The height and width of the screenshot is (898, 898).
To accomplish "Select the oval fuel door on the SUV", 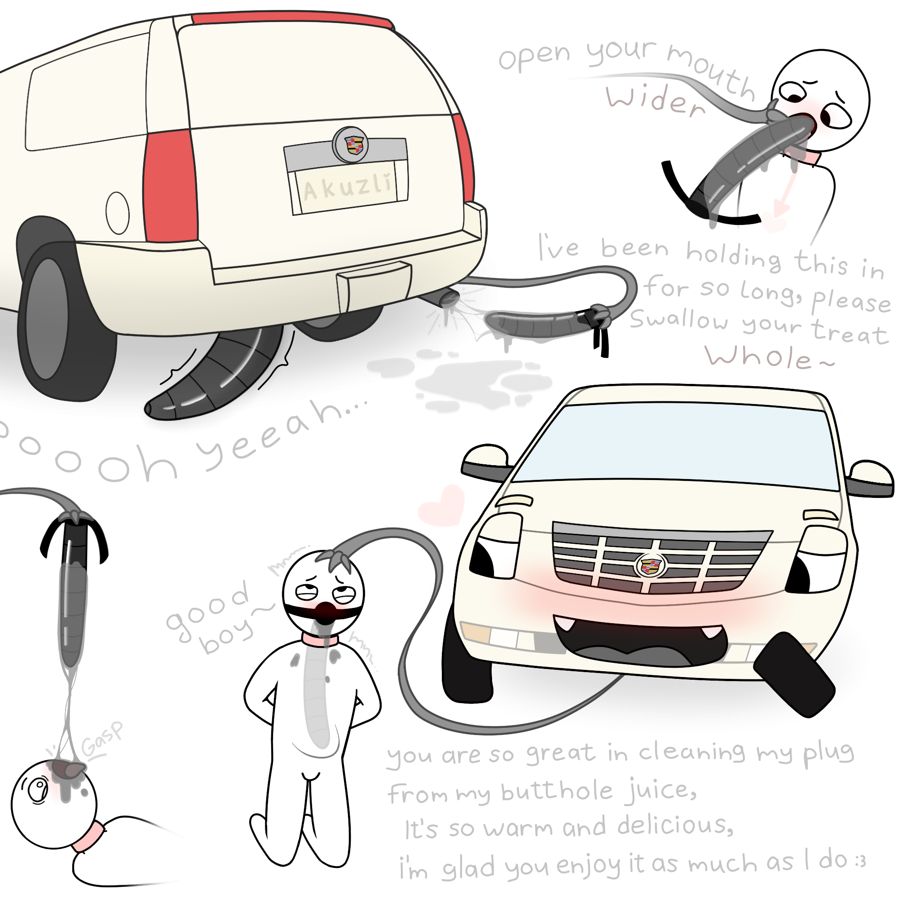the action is point(118,212).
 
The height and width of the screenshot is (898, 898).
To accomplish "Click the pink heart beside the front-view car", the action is point(441,505).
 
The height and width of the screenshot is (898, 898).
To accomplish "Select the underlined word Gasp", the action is point(102,747).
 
